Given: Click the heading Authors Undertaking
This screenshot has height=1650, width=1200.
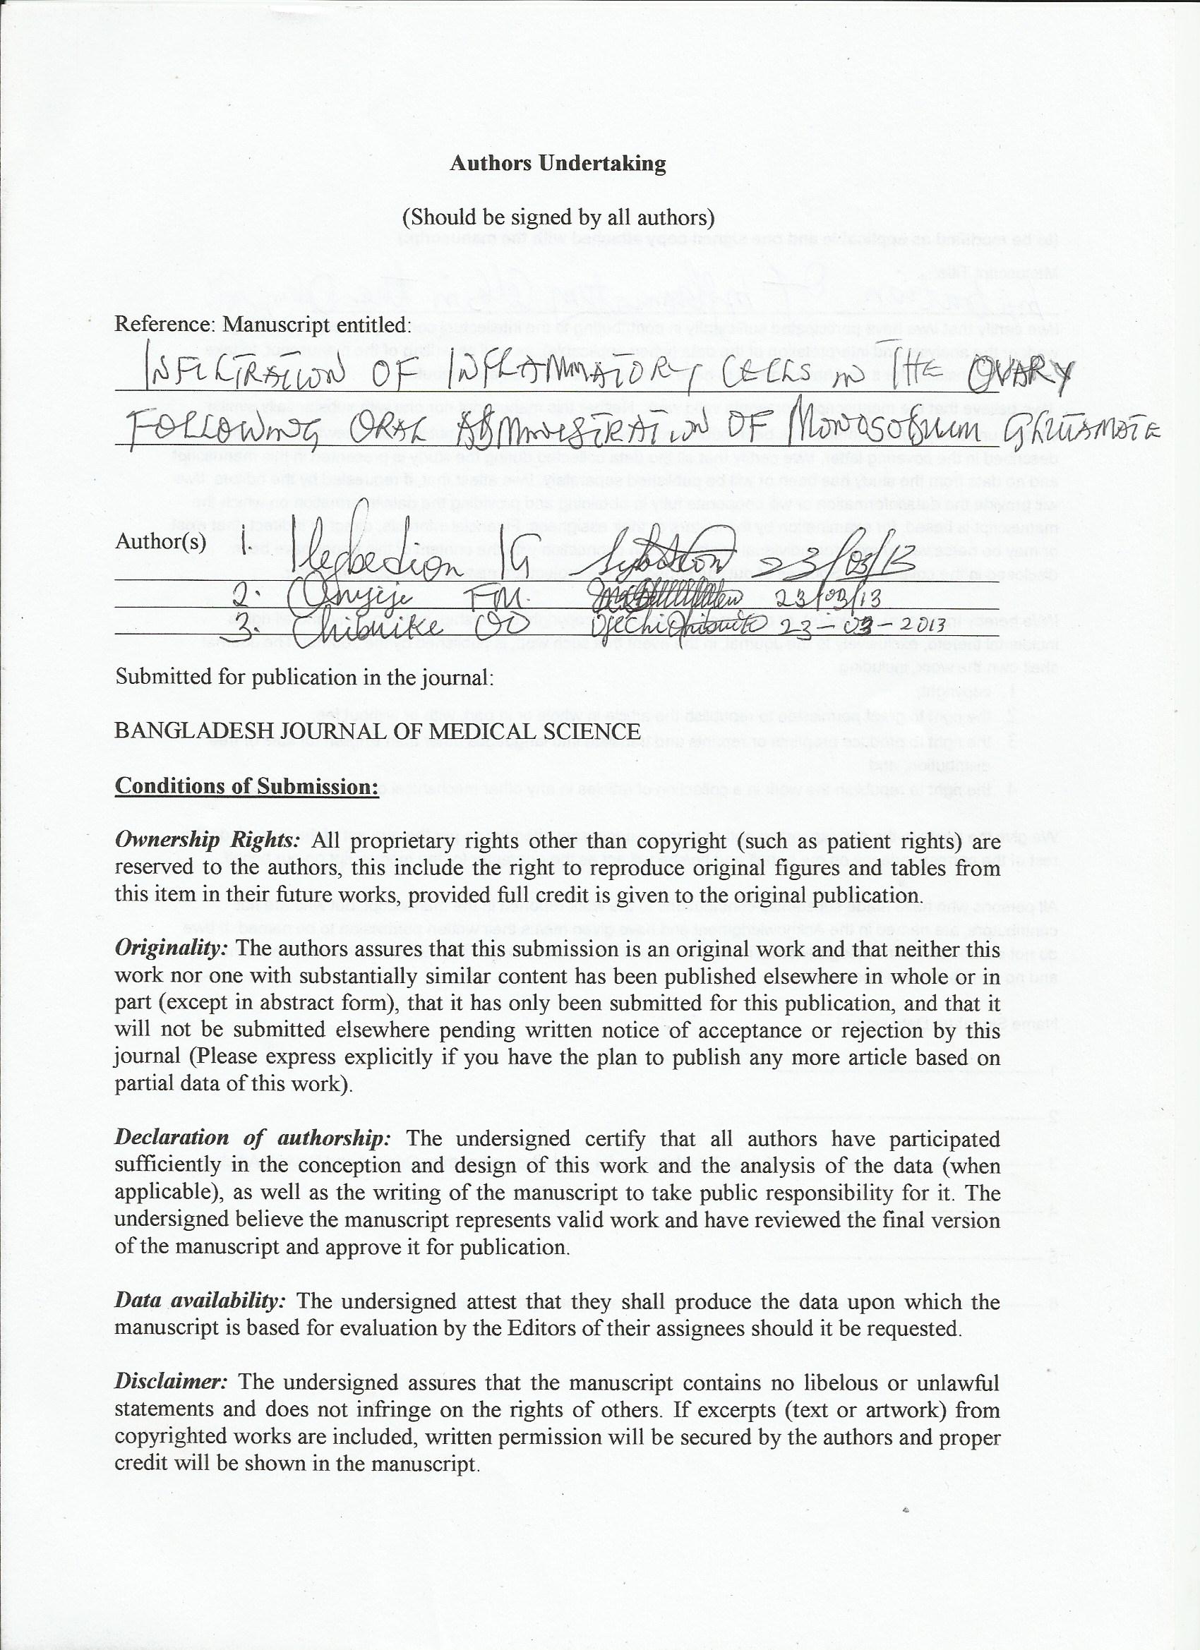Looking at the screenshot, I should (x=558, y=163).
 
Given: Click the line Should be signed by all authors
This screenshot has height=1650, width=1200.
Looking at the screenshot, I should (x=558, y=217).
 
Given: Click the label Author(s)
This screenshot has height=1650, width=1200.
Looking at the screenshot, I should (x=160, y=541).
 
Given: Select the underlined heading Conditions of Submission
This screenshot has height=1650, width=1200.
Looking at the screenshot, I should (x=246, y=786).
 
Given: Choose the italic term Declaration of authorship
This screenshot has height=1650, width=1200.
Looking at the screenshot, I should (x=253, y=1138).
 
